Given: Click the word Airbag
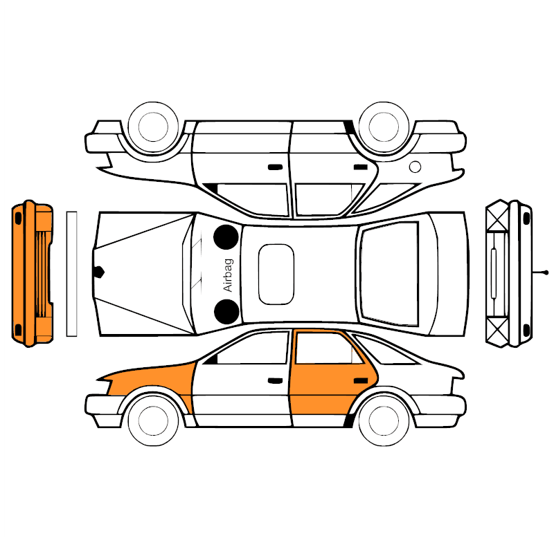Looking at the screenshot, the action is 229,275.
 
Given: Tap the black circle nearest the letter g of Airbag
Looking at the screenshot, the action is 226,237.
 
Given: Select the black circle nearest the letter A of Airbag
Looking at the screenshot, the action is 226,312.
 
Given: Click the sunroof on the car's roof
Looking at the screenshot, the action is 276,274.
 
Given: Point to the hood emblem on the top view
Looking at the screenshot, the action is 98,272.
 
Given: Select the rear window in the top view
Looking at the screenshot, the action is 389,274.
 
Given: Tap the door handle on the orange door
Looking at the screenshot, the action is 361,381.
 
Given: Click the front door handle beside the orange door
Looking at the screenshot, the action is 275,381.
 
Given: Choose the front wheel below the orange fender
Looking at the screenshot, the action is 153,420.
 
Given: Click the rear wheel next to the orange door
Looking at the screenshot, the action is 384,420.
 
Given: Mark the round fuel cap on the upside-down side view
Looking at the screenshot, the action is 415,167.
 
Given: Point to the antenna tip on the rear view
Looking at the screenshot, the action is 546,272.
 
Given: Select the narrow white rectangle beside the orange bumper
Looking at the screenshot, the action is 72,274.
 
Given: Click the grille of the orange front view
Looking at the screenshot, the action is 41,274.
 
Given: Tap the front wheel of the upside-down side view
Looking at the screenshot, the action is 153,127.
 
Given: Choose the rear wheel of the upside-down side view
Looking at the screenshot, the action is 384,127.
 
